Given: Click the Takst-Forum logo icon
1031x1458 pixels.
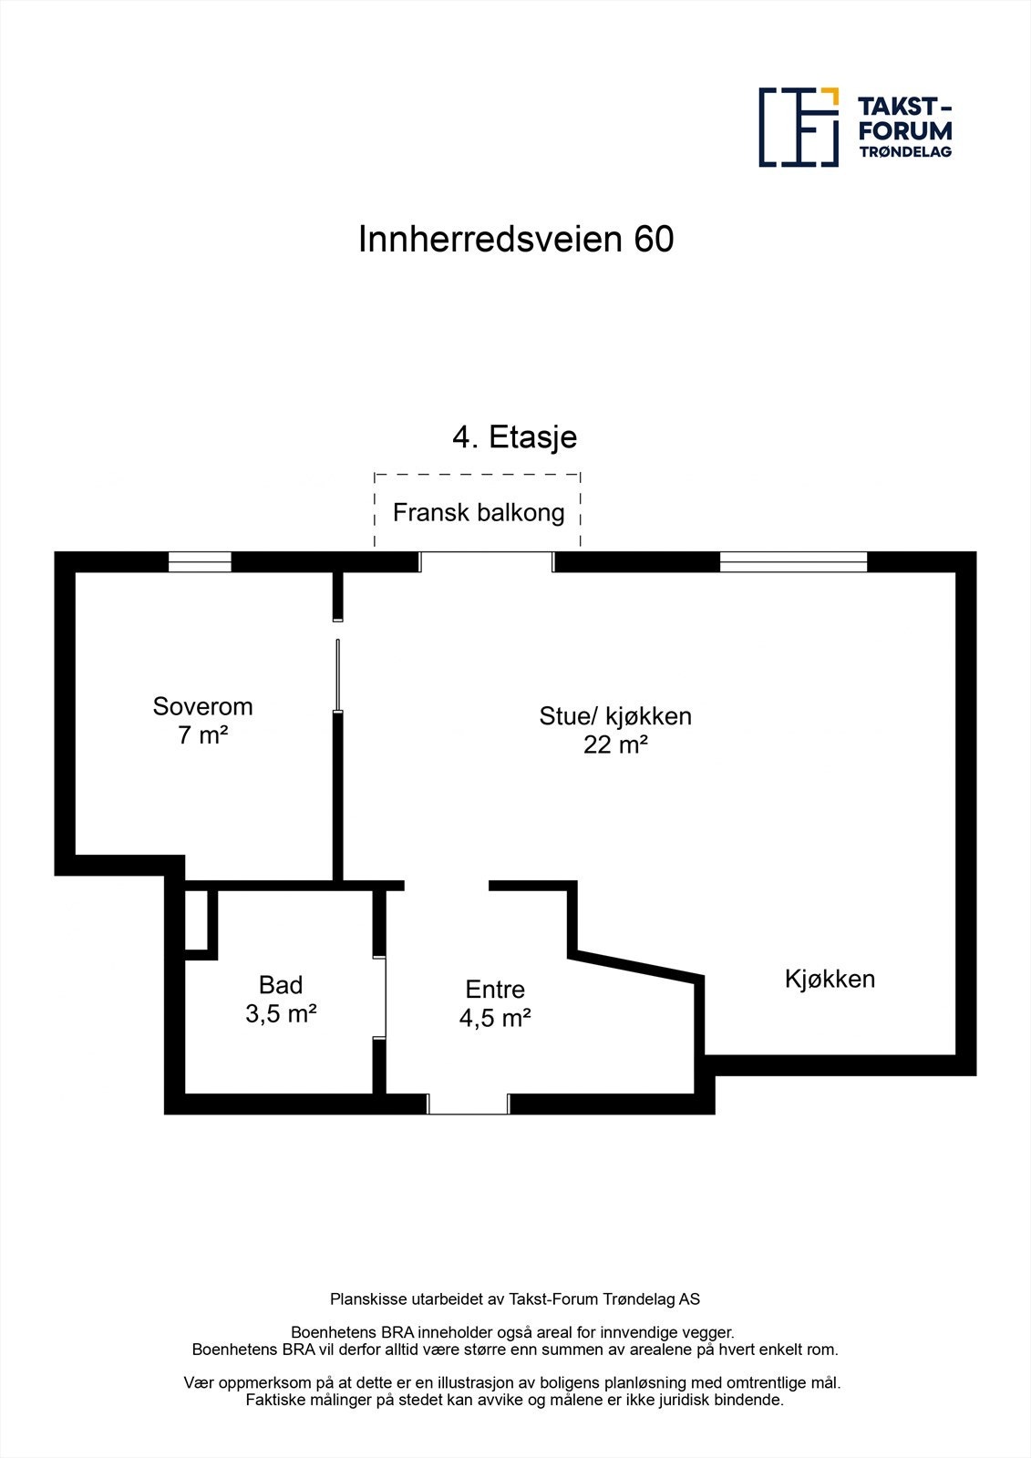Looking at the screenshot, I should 799,128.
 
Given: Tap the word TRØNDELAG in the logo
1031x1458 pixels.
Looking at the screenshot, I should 905,152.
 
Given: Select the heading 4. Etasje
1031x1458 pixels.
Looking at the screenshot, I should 515,437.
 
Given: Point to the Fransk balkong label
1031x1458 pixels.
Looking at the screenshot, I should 479,513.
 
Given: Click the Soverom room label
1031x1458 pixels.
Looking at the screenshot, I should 202,706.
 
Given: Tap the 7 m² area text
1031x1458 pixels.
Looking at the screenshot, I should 202,735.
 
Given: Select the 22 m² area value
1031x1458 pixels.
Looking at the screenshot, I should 615,745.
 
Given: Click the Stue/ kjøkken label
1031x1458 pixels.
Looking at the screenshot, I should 615,716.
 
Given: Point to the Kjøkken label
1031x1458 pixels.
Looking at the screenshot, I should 830,979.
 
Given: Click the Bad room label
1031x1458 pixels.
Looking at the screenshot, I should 281,985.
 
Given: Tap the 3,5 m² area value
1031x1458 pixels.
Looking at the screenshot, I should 281,1013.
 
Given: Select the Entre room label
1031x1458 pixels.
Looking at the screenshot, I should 495,990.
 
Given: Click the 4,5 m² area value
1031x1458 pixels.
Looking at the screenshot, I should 495,1019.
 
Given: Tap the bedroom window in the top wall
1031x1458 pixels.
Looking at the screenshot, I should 200,562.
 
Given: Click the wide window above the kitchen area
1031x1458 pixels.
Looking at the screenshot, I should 793,562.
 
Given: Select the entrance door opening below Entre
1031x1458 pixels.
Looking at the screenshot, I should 468,1104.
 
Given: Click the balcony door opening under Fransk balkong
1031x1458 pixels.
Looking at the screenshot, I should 486,561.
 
